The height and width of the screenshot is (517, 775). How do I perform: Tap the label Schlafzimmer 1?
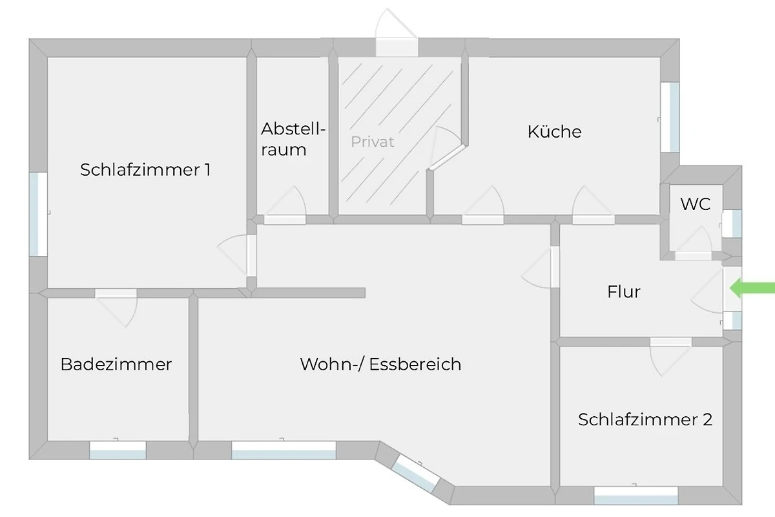pyautogui.click(x=145, y=170)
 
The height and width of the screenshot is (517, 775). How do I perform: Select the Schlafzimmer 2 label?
pyautogui.click(x=645, y=419)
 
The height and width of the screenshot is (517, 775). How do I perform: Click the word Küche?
pyautogui.click(x=554, y=132)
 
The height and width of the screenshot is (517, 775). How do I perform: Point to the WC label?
pyautogui.click(x=696, y=204)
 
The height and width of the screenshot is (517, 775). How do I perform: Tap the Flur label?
pyautogui.click(x=624, y=292)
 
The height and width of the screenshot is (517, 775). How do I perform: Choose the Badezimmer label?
pyautogui.click(x=116, y=364)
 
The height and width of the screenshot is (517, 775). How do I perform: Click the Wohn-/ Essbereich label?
pyautogui.click(x=380, y=364)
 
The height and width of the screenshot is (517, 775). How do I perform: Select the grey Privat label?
pyautogui.click(x=373, y=142)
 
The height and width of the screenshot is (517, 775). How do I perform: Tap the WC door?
pyautogui.click(x=694, y=246)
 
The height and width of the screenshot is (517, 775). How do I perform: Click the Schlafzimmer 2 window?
pyautogui.click(x=635, y=495)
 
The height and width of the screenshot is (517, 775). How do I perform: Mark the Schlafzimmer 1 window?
pyautogui.click(x=38, y=213)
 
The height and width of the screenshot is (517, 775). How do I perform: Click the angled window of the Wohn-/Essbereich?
pyautogui.click(x=416, y=473)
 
